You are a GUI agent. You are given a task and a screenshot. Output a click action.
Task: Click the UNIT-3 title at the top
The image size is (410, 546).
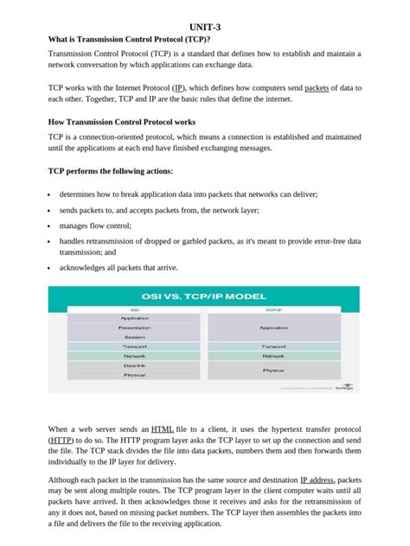[x=205, y=28]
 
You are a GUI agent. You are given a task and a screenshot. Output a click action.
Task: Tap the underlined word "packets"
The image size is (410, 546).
[x=317, y=88]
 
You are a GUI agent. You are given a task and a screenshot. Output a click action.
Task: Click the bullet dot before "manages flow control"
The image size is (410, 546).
[x=50, y=225]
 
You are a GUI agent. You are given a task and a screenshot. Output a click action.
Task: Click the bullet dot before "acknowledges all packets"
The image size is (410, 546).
[x=50, y=268]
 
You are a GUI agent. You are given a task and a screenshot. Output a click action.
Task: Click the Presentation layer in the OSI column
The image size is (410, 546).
[x=134, y=328]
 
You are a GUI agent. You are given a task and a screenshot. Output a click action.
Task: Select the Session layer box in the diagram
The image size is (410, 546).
[x=134, y=337]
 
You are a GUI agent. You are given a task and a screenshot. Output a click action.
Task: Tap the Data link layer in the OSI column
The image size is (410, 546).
[x=134, y=365]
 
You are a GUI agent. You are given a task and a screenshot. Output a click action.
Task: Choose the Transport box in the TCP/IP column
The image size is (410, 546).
[x=273, y=346]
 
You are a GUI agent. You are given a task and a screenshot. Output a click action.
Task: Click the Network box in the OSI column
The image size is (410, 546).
[x=134, y=356]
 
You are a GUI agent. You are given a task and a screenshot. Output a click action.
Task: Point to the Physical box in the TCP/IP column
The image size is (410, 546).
[x=273, y=370]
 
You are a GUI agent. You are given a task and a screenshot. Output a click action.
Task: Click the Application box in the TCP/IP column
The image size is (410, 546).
[x=273, y=328]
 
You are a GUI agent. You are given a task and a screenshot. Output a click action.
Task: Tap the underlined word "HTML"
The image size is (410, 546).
[x=162, y=429]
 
